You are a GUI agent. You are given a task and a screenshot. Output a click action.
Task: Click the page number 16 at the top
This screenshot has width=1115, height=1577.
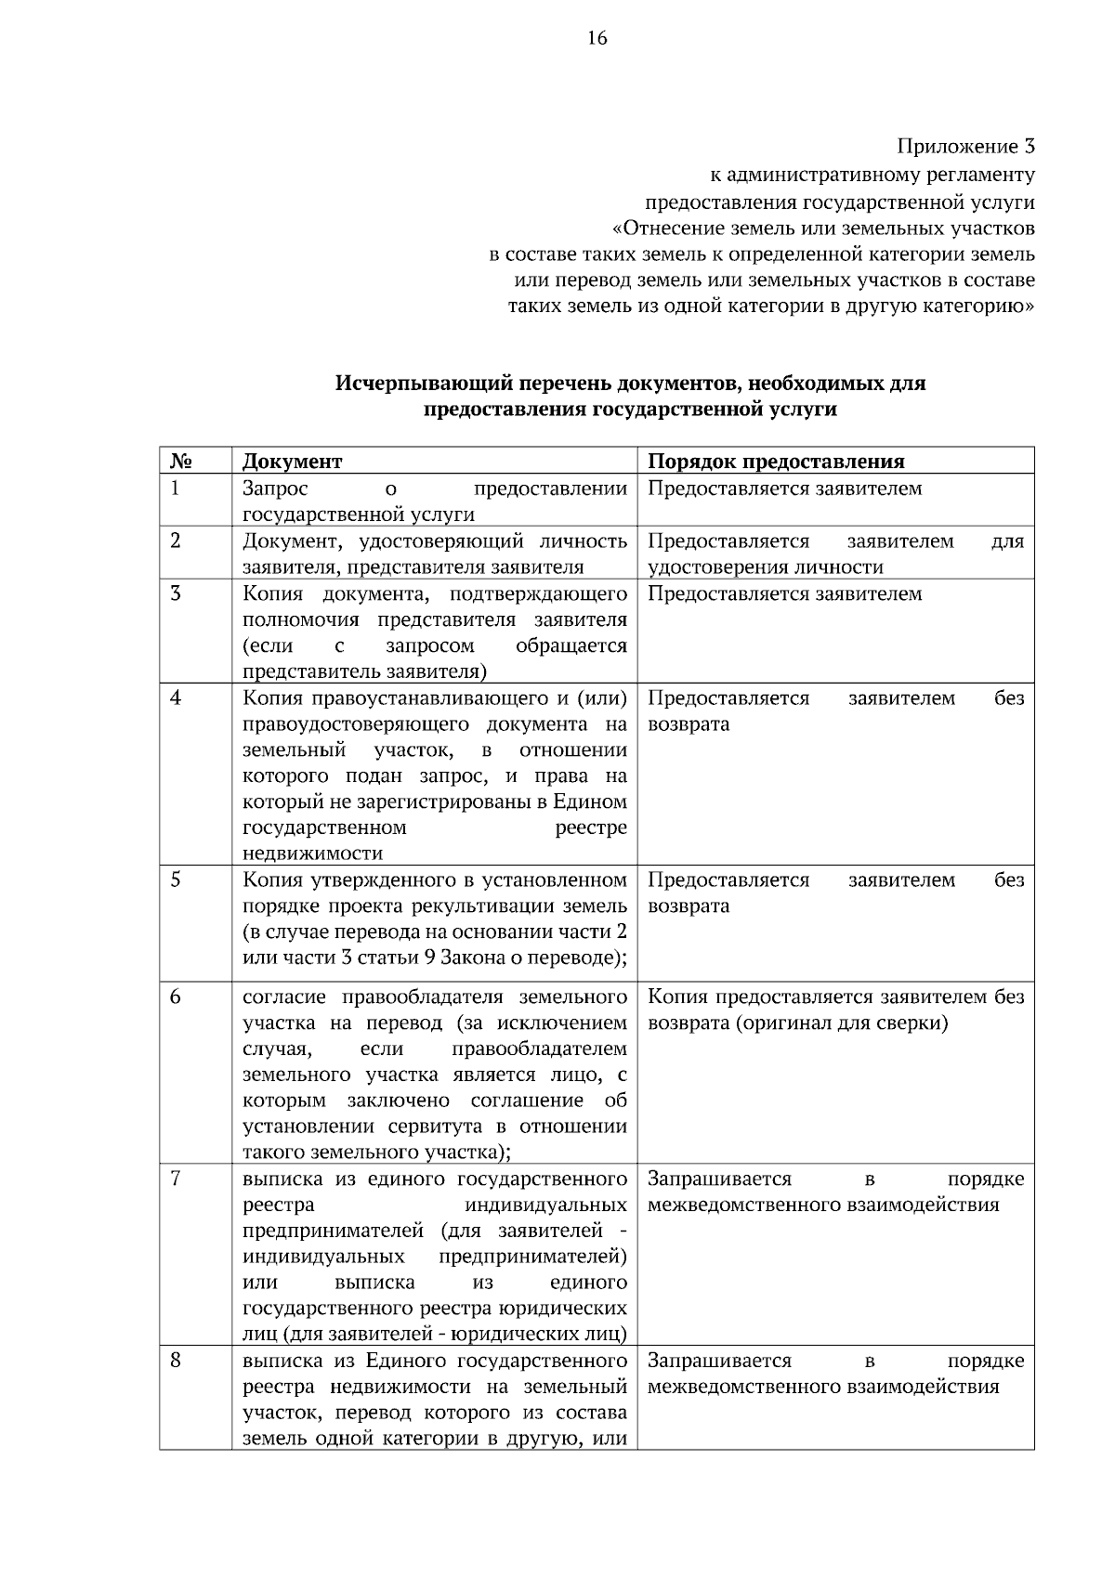pos(597,38)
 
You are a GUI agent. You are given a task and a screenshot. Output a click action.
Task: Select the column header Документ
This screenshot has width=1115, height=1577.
pos(293,462)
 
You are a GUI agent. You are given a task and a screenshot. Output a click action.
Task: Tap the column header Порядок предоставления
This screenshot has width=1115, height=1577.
pos(776,462)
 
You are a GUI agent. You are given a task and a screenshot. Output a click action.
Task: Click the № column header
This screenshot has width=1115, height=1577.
pos(181,462)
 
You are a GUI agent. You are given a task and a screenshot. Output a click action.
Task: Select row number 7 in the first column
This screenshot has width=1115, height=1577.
pos(176,1179)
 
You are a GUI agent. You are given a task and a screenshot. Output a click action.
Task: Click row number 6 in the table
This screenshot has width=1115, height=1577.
pos(176,997)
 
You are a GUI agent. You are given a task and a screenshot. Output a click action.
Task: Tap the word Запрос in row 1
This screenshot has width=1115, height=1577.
pos(275,489)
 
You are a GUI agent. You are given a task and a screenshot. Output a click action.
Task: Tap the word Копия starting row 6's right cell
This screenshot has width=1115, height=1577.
pos(676,997)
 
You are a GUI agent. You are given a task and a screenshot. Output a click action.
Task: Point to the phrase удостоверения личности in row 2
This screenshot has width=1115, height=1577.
pos(766,567)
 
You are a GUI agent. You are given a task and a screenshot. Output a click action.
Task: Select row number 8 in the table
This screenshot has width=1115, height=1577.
pos(176,1361)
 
